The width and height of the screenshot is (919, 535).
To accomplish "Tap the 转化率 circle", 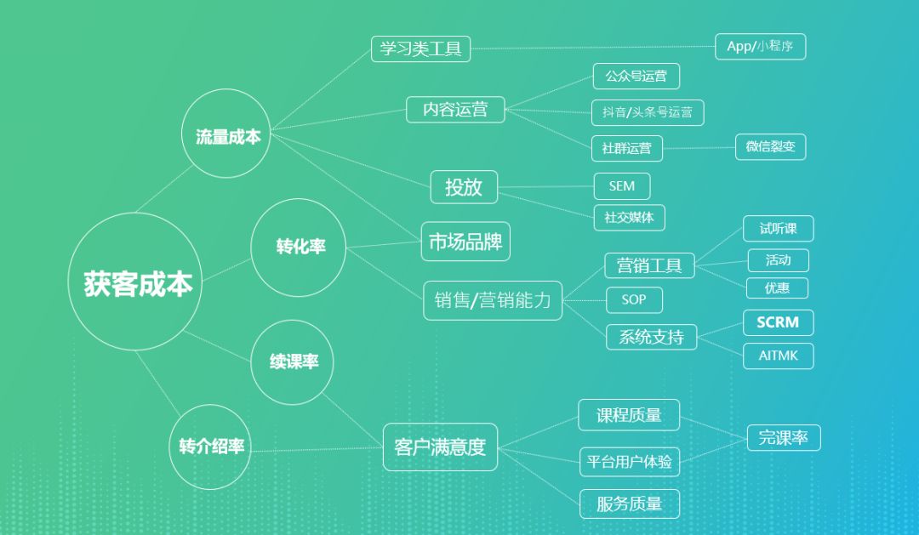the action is coord(299,248).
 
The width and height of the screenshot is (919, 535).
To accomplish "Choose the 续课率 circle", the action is coord(293,361).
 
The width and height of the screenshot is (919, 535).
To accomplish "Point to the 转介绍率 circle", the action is coord(211,446).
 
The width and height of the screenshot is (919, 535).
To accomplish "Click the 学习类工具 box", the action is coord(420,48).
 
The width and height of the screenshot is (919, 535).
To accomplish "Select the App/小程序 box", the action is coord(760,47).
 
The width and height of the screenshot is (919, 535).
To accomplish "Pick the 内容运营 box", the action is coord(455,109).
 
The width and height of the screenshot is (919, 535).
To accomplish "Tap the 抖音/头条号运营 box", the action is coord(648,112).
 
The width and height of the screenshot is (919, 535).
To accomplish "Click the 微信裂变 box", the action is coord(770,146).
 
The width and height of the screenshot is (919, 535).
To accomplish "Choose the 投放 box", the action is coord(464,187).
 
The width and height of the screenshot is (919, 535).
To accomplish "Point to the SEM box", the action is coord(621,186).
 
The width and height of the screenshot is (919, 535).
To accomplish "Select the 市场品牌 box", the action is coord(465,242).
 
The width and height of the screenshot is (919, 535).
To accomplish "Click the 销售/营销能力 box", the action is coord(493,300).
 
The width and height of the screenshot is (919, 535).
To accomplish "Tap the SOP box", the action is coord(634,299).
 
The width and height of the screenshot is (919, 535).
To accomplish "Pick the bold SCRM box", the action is coord(778,323).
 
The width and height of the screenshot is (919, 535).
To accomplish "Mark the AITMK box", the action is coord(779,356).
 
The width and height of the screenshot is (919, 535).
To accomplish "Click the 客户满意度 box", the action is coord(440,447).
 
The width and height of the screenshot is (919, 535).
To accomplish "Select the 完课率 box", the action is coord(783,438).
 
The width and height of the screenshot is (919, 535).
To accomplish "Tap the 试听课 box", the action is coord(778,229).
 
